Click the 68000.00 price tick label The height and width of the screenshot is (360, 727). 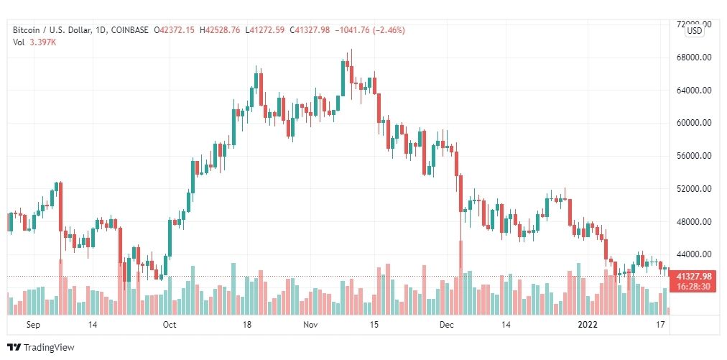coord(695,57)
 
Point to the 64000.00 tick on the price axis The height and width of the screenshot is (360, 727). coord(695,91)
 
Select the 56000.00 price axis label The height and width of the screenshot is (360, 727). coord(695,156)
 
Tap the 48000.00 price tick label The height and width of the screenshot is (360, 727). coord(695,222)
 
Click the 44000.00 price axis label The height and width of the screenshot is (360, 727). coord(695,254)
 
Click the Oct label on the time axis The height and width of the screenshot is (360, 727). coord(170,325)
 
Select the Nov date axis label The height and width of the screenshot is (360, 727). coord(310,325)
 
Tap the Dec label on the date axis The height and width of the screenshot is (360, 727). coord(447,325)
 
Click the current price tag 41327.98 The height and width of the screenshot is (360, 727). coord(694,277)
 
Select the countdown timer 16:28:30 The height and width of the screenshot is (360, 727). coord(694,286)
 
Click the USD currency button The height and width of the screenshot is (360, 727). coord(695,31)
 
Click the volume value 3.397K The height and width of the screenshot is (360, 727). coord(42,42)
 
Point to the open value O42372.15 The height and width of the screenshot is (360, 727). coord(176,30)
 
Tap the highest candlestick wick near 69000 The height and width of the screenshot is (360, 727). coord(351,52)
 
